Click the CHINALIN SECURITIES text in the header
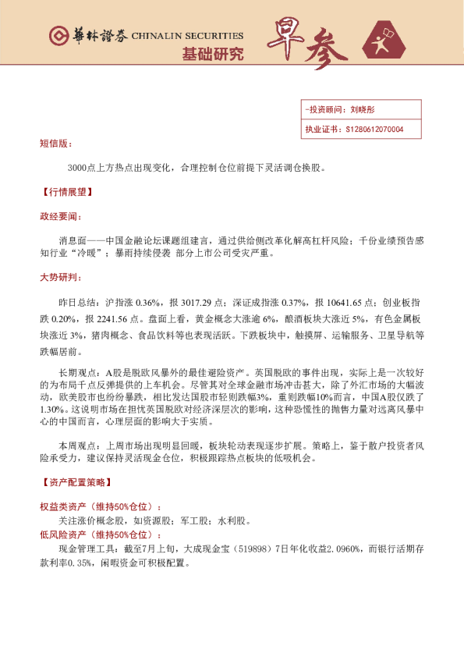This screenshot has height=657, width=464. click(x=187, y=35)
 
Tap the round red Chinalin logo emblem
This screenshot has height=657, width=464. click(x=57, y=36)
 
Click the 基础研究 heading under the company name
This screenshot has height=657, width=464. click(x=212, y=54)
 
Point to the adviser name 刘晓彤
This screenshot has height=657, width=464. click(x=363, y=110)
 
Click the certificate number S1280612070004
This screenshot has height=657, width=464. click(x=374, y=129)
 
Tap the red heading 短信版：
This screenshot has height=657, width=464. click(x=55, y=144)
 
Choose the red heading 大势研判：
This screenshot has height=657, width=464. click(x=60, y=277)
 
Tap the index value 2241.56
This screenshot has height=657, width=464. click(x=112, y=318)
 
